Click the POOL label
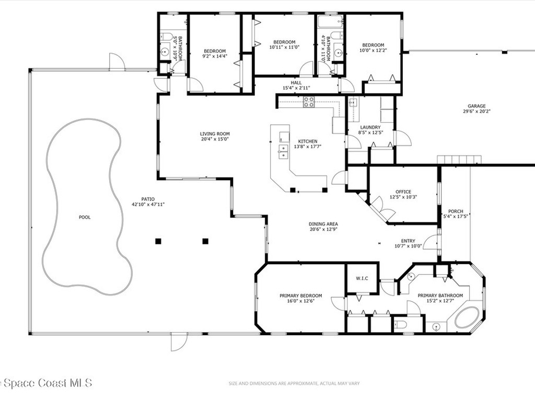click(x=85, y=217)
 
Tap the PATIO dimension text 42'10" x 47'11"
click(x=149, y=204)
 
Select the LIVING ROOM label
click(x=215, y=134)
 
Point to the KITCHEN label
click(x=308, y=141)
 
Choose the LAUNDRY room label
click(x=370, y=127)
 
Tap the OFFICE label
click(x=403, y=192)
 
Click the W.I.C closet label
click(x=362, y=278)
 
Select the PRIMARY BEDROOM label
click(x=304, y=296)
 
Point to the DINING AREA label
click(x=323, y=223)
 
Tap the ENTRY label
click(x=408, y=240)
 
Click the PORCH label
click(x=456, y=211)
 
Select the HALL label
click(x=296, y=82)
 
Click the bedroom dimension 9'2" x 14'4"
click(x=215, y=56)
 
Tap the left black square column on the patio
click(x=158, y=241)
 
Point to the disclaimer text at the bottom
click(x=294, y=384)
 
